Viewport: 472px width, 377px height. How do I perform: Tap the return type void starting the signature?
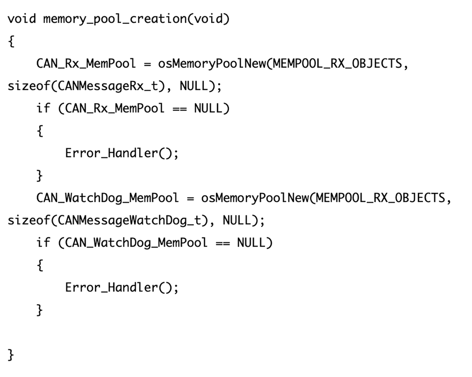[22, 19]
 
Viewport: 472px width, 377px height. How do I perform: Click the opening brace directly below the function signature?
[11, 42]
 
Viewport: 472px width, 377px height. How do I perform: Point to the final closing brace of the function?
[11, 355]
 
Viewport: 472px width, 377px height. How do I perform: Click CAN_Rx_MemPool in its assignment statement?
[86, 64]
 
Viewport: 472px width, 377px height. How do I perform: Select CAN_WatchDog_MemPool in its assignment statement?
[107, 198]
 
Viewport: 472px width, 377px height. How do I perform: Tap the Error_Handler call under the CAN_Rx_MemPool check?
[122, 153]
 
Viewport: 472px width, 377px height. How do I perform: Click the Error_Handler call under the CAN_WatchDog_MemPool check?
[122, 287]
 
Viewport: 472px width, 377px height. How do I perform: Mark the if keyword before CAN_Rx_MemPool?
[43, 108]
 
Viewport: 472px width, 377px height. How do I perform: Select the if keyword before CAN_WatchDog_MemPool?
[43, 243]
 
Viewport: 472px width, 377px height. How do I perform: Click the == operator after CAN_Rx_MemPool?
[179, 109]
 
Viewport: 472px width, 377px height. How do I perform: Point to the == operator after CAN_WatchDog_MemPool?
[222, 243]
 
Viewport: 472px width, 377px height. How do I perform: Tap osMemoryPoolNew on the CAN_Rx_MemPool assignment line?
[212, 64]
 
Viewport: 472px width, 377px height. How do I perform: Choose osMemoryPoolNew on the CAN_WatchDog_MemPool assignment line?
[255, 198]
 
